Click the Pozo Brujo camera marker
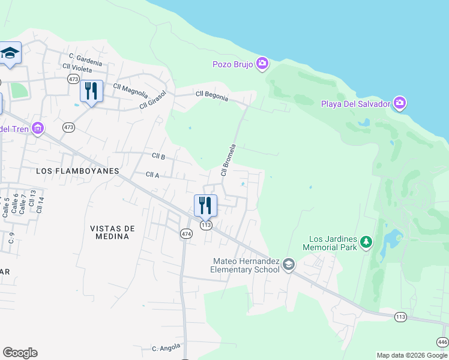click(x=262, y=64)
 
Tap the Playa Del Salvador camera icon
click(x=400, y=103)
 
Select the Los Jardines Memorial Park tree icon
click(x=366, y=242)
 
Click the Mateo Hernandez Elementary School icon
click(x=289, y=265)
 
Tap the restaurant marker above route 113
click(x=205, y=206)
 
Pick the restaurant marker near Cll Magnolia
click(x=91, y=92)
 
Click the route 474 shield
click(x=186, y=233)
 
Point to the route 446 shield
click(x=442, y=342)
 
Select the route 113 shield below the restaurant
click(x=206, y=225)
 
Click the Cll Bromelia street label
click(x=229, y=160)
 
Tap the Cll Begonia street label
click(x=212, y=95)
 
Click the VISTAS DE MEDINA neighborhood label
click(x=112, y=232)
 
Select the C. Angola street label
click(x=166, y=348)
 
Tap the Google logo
click(x=20, y=353)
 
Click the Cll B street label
click(x=158, y=156)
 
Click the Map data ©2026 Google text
click(x=412, y=355)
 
